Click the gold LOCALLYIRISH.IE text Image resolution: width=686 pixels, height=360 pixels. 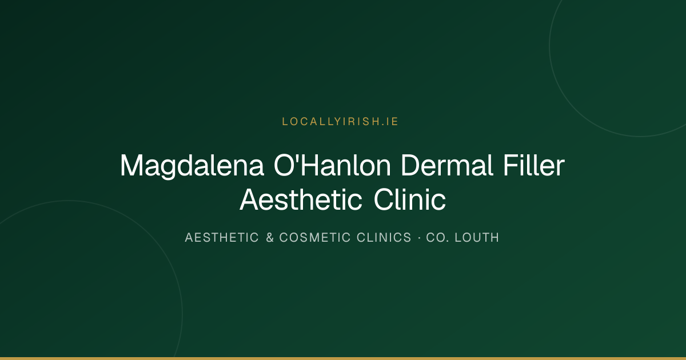(x=340, y=122)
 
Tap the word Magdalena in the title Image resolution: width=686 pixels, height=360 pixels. (x=192, y=166)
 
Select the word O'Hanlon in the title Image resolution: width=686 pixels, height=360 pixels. (x=332, y=165)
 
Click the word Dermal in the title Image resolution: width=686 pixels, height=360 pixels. (x=447, y=165)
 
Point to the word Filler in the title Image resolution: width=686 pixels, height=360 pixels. (x=534, y=165)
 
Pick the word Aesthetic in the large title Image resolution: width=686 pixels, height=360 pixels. (x=301, y=199)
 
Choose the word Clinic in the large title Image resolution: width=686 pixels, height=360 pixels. (x=409, y=199)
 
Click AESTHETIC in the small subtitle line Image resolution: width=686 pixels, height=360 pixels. (x=222, y=238)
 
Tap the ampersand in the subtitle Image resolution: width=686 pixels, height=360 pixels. (x=270, y=238)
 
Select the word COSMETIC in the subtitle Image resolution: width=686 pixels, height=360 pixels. (x=315, y=238)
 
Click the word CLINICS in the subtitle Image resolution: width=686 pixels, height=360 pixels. (x=384, y=238)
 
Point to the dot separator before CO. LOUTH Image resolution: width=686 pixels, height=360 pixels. (x=419, y=238)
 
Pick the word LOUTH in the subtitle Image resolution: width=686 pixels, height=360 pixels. (x=477, y=238)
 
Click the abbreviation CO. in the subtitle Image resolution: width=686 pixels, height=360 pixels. (x=438, y=238)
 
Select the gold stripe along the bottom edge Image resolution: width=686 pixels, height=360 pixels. (x=343, y=358)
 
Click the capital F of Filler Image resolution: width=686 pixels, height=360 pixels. (x=511, y=165)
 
